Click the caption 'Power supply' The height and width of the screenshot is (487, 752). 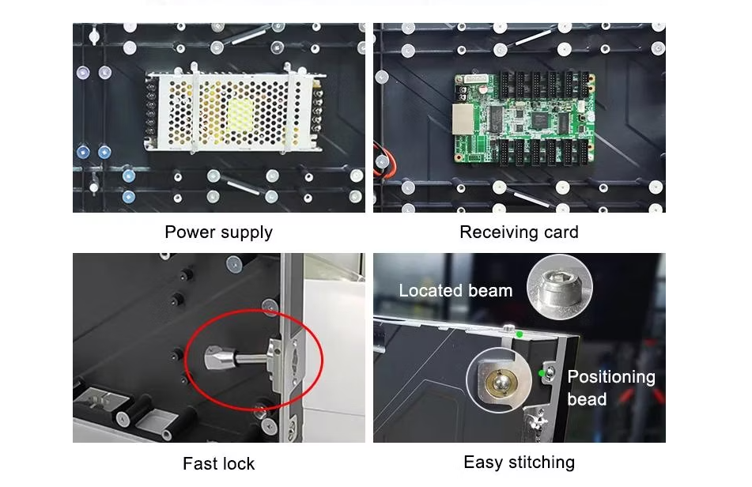click(219, 232)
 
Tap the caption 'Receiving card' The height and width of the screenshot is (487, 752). click(519, 232)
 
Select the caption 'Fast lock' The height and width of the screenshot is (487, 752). click(219, 463)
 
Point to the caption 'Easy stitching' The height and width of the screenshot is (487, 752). click(519, 462)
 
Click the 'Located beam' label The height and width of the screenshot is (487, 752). click(455, 290)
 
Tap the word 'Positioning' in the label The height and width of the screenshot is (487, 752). click(611, 377)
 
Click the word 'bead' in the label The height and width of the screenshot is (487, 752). click(587, 398)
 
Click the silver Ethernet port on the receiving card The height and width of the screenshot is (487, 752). click(462, 119)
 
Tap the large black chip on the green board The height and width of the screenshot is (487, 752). click(542, 119)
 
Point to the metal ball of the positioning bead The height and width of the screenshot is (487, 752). click(498, 382)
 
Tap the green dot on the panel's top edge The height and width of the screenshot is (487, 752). click(520, 334)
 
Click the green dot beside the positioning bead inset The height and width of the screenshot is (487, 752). click(542, 373)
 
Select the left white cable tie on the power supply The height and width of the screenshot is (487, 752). click(195, 108)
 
